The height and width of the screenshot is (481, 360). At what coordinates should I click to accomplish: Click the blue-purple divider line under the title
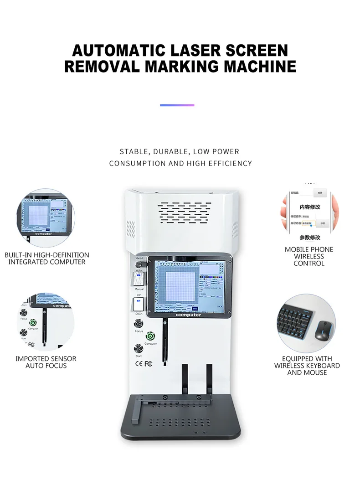177,105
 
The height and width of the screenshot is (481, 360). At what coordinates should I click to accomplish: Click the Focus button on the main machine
139,324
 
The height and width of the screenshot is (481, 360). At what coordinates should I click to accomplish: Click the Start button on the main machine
139,349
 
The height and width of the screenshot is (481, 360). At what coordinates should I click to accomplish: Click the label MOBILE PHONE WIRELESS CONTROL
309,256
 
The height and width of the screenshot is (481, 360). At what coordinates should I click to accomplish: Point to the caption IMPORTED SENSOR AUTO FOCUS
46,362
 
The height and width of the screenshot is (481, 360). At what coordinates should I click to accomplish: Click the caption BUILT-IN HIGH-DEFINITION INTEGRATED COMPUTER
47,259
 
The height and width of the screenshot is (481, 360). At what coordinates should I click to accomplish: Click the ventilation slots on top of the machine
185,213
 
